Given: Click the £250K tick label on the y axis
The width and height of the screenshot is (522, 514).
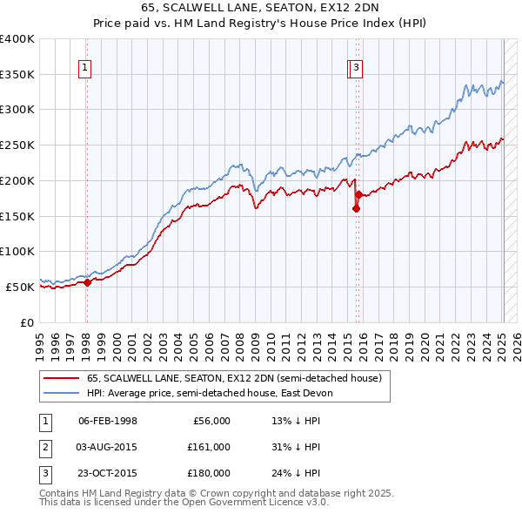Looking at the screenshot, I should pos(17,145).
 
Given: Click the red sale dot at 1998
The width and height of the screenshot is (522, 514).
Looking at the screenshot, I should pos(87,282).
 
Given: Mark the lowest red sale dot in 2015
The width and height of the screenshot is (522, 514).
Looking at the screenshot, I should pos(356,208).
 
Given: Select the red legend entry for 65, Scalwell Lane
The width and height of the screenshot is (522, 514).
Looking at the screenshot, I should pos(233,378).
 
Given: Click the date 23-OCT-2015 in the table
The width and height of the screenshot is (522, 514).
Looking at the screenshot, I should pos(108,473).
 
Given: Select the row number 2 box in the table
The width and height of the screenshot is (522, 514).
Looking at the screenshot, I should pos(43,447).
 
